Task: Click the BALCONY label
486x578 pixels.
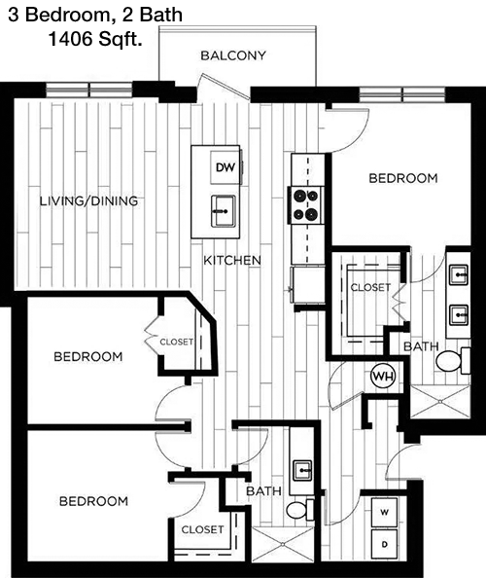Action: click(233, 55)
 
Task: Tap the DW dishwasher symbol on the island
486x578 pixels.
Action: click(226, 167)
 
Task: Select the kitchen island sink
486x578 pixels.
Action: click(224, 211)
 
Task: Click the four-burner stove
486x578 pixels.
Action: click(305, 204)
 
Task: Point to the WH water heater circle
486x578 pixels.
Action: click(383, 377)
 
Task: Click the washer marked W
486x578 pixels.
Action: click(384, 513)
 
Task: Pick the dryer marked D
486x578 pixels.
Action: click(384, 544)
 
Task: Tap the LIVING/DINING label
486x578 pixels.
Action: click(88, 201)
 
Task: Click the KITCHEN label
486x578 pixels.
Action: click(232, 261)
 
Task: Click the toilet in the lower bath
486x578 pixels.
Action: click(300, 510)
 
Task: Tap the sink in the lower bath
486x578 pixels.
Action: click(302, 471)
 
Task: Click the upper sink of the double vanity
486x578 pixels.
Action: click(459, 275)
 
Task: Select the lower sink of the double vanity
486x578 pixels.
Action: click(459, 315)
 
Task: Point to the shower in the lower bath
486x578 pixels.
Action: click(283, 545)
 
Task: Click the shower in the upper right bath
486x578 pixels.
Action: click(440, 402)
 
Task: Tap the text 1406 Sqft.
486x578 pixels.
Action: click(95, 39)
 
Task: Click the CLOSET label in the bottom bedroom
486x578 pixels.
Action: click(202, 529)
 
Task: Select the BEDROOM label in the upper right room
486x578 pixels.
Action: click(403, 178)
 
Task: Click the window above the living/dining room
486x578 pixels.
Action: click(88, 90)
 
